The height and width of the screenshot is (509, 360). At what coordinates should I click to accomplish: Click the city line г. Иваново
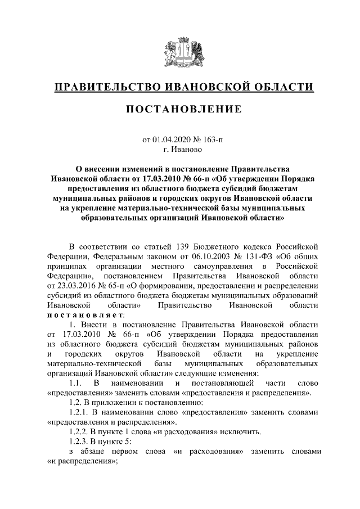point(179,150)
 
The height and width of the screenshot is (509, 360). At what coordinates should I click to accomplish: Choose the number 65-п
point(111,286)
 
